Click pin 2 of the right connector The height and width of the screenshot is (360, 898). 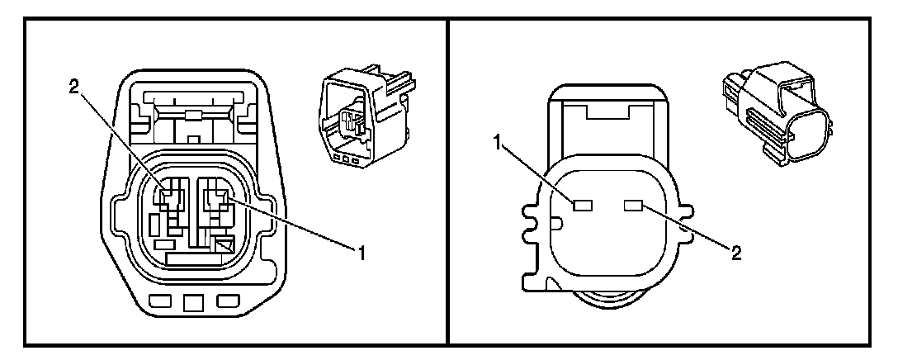tap(635, 204)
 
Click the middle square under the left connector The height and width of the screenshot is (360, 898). tap(194, 302)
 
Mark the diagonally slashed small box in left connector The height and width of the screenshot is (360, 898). tap(224, 244)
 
